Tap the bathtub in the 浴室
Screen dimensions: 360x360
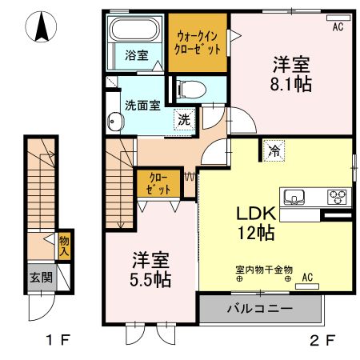pyautogui.click(x=135, y=32)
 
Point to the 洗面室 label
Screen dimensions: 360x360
pyautogui.click(x=142, y=104)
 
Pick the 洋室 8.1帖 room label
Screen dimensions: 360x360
pyautogui.click(x=291, y=74)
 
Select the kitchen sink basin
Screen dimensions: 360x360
pyautogui.click(x=293, y=197)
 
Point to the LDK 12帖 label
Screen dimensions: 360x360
pyautogui.click(x=256, y=223)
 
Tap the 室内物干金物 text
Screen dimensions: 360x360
pyautogui.click(x=264, y=270)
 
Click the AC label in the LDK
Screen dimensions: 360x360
pyautogui.click(x=307, y=278)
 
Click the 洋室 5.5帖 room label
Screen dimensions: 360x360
pyautogui.click(x=150, y=270)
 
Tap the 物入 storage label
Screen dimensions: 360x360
pyautogui.click(x=63, y=245)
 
